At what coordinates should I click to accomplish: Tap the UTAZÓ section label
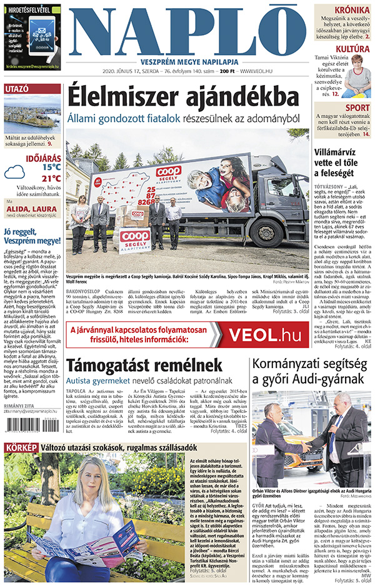[x=17, y=89]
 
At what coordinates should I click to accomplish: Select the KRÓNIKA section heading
[x=351, y=11]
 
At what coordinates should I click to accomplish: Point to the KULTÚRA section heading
[x=352, y=49]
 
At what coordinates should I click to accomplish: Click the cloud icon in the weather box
[x=15, y=173]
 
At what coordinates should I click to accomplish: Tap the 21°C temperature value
[x=51, y=178]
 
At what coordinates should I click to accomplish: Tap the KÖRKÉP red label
[x=21, y=447]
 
